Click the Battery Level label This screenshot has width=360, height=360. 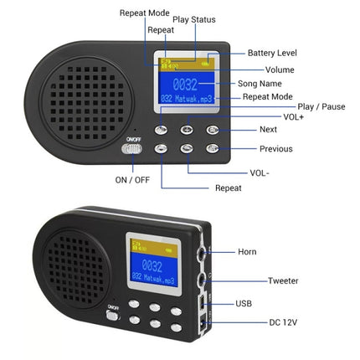pos(272,54)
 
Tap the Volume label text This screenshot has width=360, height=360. pos(279,69)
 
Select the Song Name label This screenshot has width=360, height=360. pos(283,84)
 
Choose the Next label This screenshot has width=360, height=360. pos(268,130)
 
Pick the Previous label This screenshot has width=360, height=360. pos(275,149)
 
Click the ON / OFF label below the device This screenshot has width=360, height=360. pos(132,179)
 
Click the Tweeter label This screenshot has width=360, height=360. pos(282,281)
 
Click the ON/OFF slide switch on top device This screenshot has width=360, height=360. pos(131,149)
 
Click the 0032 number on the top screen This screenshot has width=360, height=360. pos(186,85)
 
